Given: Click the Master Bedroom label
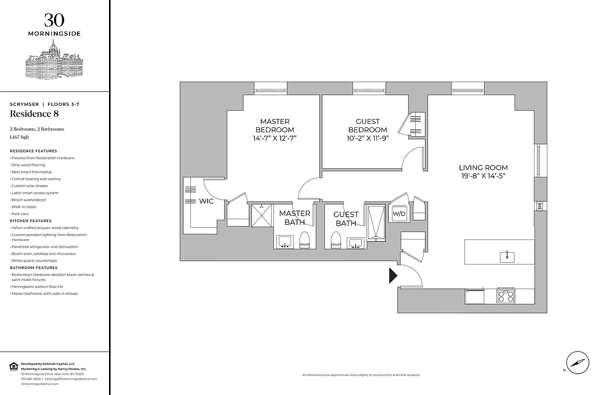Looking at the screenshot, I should pyautogui.click(x=275, y=125).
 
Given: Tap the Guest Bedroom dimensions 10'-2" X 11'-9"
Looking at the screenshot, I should pyautogui.click(x=368, y=138).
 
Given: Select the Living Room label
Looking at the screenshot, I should pyautogui.click(x=483, y=167).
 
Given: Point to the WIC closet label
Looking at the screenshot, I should pyautogui.click(x=206, y=201).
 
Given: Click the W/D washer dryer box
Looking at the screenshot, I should pyautogui.click(x=398, y=214).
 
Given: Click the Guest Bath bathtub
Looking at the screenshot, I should pyautogui.click(x=375, y=222).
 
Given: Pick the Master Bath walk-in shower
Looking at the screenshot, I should pyautogui.click(x=262, y=215).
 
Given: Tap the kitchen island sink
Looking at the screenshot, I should pyautogui.click(x=507, y=256).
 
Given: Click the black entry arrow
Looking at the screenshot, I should pyautogui.click(x=393, y=276).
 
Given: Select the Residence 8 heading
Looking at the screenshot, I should pyautogui.click(x=32, y=114).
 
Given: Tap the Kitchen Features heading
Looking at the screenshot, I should pyautogui.click(x=31, y=221).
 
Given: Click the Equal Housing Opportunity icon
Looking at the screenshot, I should pyautogui.click(x=13, y=366).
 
